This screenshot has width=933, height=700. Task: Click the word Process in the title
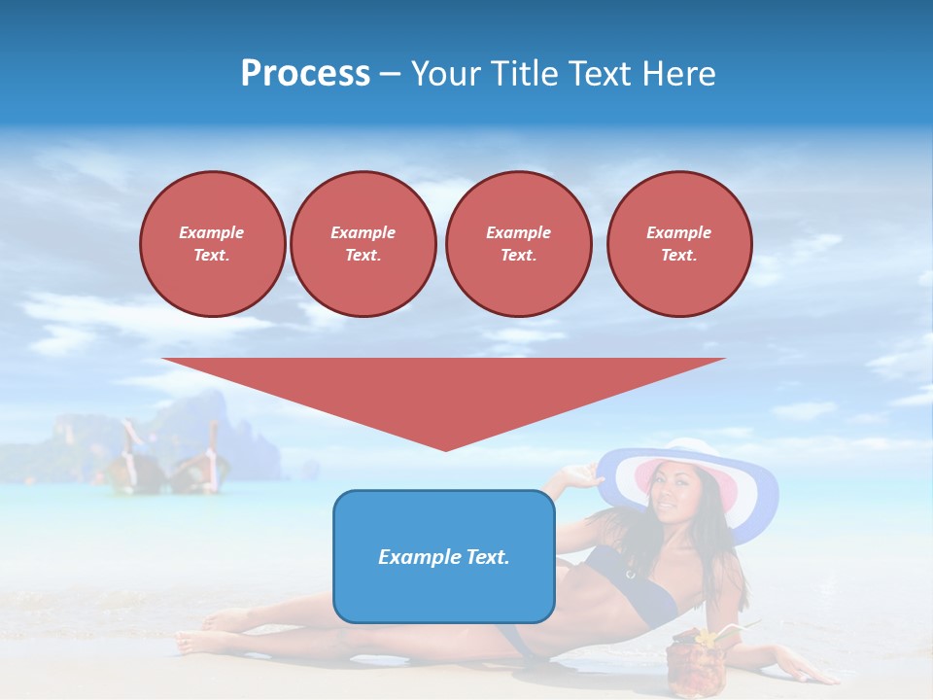click(305, 74)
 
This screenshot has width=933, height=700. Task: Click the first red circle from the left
click(212, 244)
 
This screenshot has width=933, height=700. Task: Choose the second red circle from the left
click(363, 244)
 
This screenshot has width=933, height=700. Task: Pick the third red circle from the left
click(518, 244)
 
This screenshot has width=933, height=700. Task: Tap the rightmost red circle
click(678, 244)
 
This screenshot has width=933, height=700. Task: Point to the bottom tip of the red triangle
click(445, 449)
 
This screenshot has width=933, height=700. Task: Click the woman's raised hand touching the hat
click(580, 473)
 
